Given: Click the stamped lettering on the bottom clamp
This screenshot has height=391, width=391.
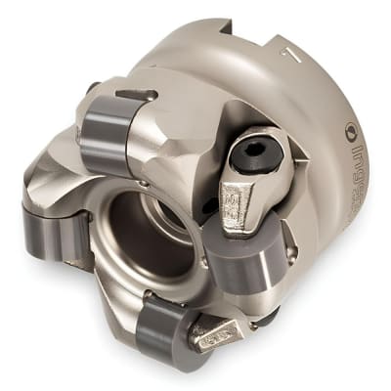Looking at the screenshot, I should coord(217,338).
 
